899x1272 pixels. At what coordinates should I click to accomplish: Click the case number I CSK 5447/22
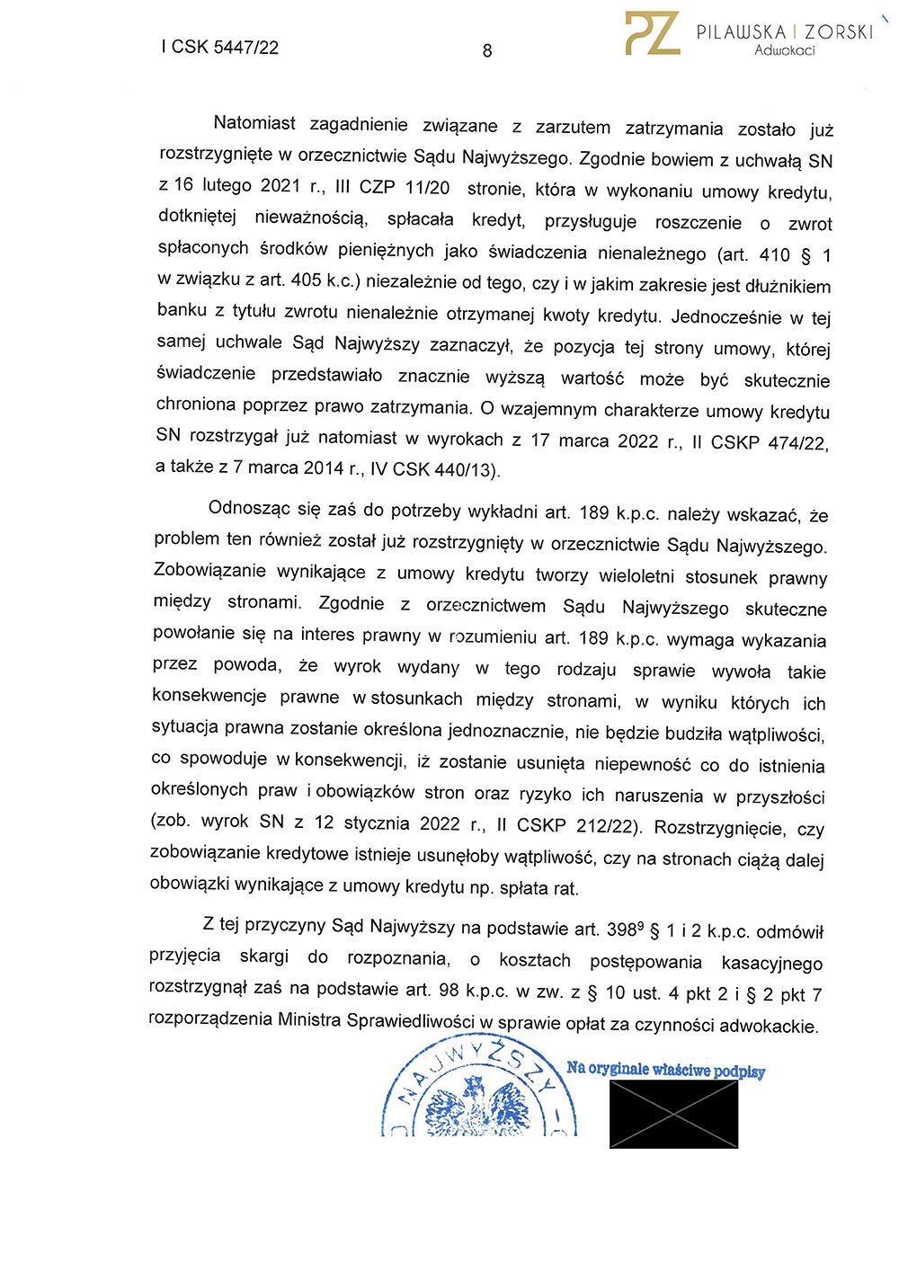tap(220, 47)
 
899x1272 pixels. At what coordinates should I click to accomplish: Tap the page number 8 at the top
tap(487, 50)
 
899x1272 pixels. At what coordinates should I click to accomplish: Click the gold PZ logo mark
tap(653, 34)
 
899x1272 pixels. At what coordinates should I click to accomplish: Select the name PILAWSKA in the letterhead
tap(742, 31)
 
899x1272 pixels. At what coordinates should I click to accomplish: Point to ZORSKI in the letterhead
tap(840, 31)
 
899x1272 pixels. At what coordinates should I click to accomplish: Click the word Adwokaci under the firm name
tap(785, 50)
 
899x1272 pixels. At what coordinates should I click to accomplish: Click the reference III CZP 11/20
tap(392, 187)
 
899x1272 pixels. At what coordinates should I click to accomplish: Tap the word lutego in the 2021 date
tap(227, 186)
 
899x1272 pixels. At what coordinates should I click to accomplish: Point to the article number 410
tap(774, 254)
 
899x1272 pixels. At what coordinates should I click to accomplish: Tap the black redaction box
tap(673, 1114)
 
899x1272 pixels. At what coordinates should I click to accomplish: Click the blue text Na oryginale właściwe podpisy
tap(665, 1069)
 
